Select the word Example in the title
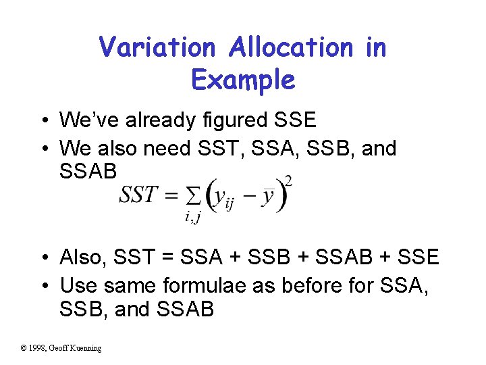243,80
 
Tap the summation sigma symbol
192,197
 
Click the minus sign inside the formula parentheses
247,197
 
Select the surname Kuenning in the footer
85,348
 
